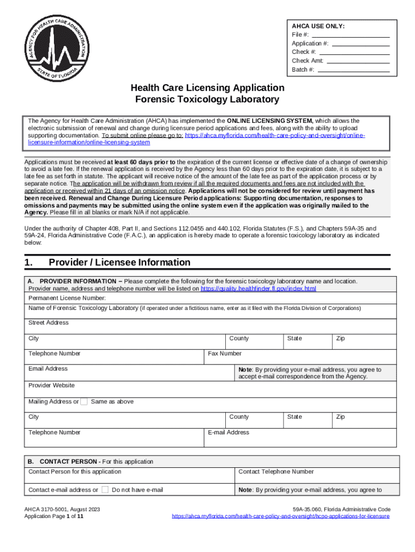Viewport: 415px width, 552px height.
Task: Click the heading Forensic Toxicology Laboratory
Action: click(x=207, y=99)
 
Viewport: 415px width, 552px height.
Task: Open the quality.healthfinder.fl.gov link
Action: click(x=258, y=289)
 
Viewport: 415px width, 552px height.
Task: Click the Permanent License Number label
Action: click(x=67, y=298)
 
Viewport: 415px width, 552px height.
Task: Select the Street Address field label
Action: click(x=49, y=322)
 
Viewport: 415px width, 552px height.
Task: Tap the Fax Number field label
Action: click(x=225, y=354)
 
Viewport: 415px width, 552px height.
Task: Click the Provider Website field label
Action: click(x=52, y=385)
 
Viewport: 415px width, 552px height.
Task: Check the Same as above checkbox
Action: click(x=84, y=402)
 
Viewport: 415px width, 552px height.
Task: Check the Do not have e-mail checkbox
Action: click(x=105, y=489)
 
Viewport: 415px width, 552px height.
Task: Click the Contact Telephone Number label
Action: click(x=276, y=472)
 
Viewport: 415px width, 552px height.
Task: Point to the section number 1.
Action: click(x=29, y=263)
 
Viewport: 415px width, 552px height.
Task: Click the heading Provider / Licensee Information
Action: click(x=120, y=263)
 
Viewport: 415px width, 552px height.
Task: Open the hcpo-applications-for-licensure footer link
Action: click(x=280, y=516)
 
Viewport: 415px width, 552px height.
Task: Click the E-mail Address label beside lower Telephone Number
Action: click(x=229, y=432)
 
